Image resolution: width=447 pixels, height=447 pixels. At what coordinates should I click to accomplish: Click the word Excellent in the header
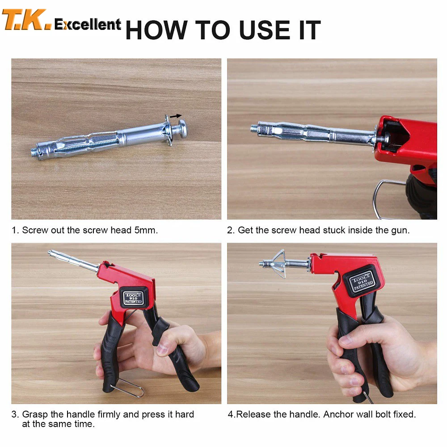click(x=88, y=24)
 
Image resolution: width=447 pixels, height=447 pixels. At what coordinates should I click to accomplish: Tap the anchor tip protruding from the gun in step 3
click(x=54, y=254)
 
